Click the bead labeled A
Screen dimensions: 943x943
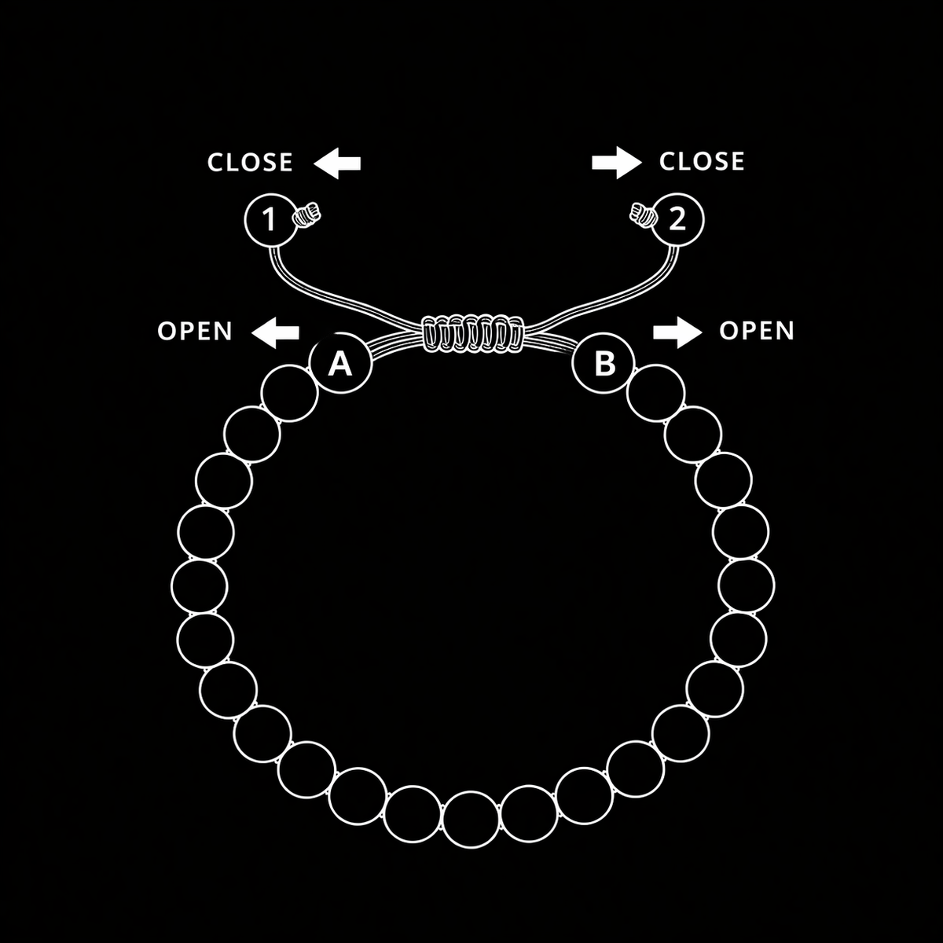tap(340, 363)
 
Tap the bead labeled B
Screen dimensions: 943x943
tap(604, 363)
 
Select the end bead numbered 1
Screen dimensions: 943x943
tap(270, 220)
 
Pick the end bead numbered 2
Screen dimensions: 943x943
tap(677, 220)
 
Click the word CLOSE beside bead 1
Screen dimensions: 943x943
tap(250, 163)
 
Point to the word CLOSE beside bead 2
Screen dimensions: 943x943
tap(702, 162)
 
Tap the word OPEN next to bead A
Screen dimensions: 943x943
tap(195, 332)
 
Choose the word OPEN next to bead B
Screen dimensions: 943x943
tap(757, 331)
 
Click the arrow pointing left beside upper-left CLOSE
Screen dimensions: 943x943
tap(337, 163)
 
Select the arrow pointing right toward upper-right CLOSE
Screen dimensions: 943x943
tap(617, 163)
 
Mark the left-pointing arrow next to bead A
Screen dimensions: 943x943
tap(276, 332)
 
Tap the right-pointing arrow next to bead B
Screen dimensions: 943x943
tap(677, 332)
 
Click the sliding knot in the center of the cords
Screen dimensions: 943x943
tap(472, 334)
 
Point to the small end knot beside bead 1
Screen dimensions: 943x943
tap(306, 215)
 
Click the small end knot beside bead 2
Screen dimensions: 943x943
tap(643, 215)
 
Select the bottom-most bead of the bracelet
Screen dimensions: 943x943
tap(471, 820)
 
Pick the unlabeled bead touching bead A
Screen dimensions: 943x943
tap(290, 393)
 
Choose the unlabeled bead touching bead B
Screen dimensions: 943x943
tap(655, 393)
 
